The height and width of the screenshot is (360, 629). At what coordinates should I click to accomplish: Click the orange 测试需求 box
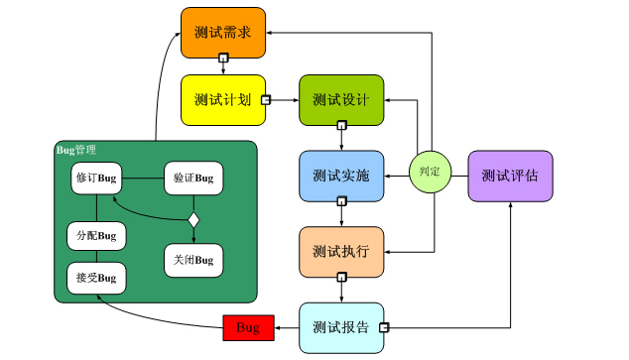click(223, 32)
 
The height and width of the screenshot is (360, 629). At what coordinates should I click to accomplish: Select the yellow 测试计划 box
click(223, 99)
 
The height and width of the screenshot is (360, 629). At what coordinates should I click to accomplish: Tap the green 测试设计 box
click(341, 99)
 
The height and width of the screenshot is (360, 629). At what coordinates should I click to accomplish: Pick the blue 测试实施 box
click(341, 176)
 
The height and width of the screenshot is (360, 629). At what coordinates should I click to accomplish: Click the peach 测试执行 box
click(341, 252)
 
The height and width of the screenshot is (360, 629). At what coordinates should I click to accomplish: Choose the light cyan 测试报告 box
click(341, 327)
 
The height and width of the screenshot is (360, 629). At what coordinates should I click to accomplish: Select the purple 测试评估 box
click(509, 176)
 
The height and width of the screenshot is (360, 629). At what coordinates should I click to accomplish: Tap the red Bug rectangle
click(248, 327)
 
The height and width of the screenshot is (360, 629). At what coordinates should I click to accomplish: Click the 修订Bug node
click(96, 179)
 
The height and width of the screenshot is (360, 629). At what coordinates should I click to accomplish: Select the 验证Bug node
click(193, 179)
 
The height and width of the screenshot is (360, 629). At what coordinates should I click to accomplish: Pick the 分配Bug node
click(96, 236)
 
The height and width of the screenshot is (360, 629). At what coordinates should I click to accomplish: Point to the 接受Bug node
click(96, 277)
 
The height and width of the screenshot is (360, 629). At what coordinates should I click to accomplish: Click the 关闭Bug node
click(193, 260)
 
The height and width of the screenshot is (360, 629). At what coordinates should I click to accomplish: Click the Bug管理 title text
click(76, 150)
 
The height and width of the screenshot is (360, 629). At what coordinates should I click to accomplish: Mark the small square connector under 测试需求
click(223, 60)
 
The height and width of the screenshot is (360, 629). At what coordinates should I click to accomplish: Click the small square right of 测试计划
click(267, 99)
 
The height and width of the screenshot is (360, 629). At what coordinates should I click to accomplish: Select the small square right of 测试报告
click(384, 327)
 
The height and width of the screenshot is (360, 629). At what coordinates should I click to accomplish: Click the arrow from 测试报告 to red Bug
click(286, 327)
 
